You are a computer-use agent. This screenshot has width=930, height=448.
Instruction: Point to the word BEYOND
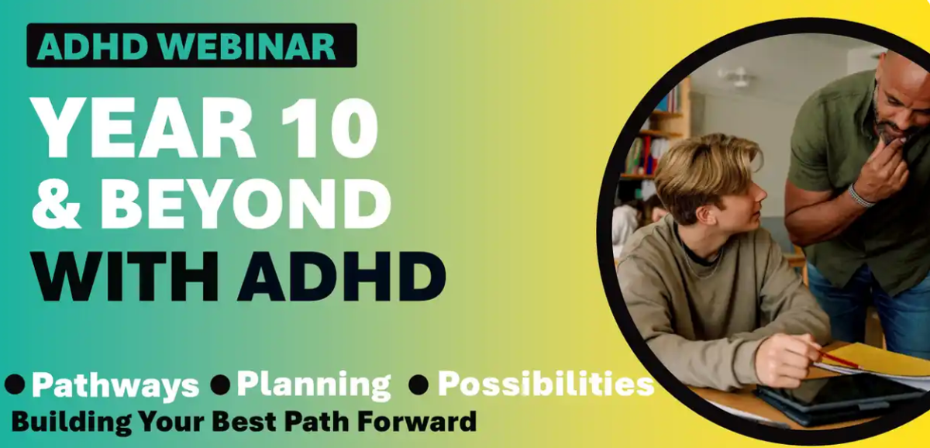click(x=246, y=203)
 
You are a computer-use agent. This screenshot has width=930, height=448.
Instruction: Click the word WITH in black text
click(x=126, y=276)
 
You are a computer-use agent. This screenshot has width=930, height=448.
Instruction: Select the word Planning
click(x=314, y=385)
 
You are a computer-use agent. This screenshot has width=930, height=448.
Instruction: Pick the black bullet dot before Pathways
click(x=15, y=384)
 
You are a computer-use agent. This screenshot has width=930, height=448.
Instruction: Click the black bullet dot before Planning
click(x=220, y=384)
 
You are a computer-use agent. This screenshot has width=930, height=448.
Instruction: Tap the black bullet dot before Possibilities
click(x=418, y=384)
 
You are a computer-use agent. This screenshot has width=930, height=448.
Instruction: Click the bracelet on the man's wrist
click(x=859, y=196)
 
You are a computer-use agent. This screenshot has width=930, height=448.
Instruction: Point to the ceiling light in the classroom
click(x=738, y=78)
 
